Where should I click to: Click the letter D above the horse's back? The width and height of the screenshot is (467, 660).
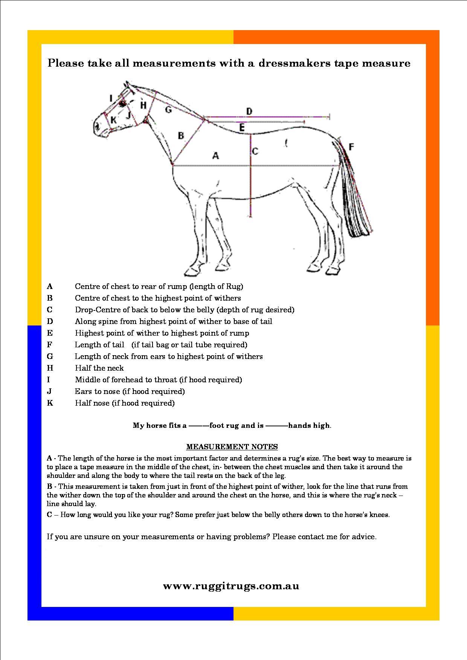click(x=249, y=111)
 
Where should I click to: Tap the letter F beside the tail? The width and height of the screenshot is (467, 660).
click(x=351, y=147)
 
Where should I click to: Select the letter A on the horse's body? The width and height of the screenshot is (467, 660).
click(x=215, y=155)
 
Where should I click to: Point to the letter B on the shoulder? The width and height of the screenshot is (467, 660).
click(x=181, y=135)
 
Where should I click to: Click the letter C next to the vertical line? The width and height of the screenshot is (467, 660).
click(x=255, y=151)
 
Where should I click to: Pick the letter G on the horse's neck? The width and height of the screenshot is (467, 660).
click(x=168, y=109)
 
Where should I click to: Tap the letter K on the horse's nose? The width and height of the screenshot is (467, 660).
click(x=113, y=120)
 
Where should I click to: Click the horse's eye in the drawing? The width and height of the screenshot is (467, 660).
click(x=122, y=103)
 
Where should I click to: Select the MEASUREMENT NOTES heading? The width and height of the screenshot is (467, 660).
click(x=232, y=447)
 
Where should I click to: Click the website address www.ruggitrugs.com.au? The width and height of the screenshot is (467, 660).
click(x=231, y=586)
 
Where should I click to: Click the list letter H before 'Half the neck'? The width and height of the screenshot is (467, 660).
click(x=50, y=368)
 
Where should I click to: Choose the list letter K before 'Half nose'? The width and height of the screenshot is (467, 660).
click(x=50, y=403)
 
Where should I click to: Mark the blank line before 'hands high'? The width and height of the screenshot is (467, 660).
click(x=277, y=426)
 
